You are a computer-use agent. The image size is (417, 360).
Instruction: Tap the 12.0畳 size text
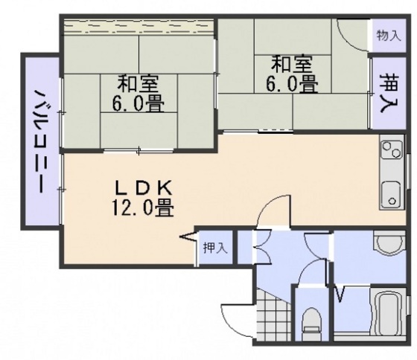(143, 208)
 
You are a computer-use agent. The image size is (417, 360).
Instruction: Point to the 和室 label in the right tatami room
(291, 62)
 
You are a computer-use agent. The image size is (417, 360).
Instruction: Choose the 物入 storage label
(389, 34)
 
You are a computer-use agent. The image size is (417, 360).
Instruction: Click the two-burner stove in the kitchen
(392, 151)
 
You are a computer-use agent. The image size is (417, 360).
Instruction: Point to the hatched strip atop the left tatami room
(138, 27)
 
